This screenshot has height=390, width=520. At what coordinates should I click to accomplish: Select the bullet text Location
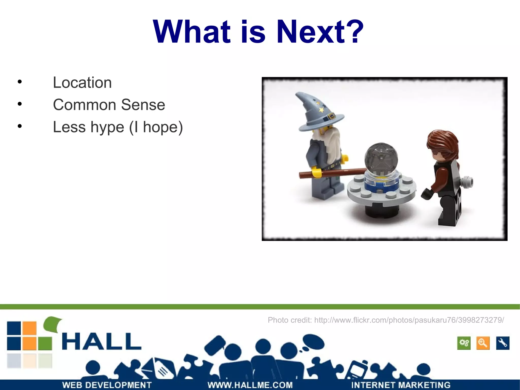[82, 83]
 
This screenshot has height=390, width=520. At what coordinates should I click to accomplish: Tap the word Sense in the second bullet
[143, 105]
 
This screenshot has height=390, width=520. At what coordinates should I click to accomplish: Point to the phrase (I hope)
[156, 127]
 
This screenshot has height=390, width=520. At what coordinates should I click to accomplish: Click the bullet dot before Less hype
[20, 126]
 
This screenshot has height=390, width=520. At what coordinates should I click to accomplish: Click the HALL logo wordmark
[102, 342]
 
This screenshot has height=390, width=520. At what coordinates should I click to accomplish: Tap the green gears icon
[464, 343]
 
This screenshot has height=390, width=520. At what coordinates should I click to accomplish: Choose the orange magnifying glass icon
[483, 343]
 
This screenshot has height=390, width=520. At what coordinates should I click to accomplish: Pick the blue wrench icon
[502, 343]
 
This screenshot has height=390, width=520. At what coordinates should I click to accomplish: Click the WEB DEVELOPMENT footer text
[107, 385]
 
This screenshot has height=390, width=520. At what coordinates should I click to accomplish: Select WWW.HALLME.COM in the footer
[250, 385]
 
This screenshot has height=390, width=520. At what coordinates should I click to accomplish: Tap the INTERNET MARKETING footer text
[401, 385]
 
